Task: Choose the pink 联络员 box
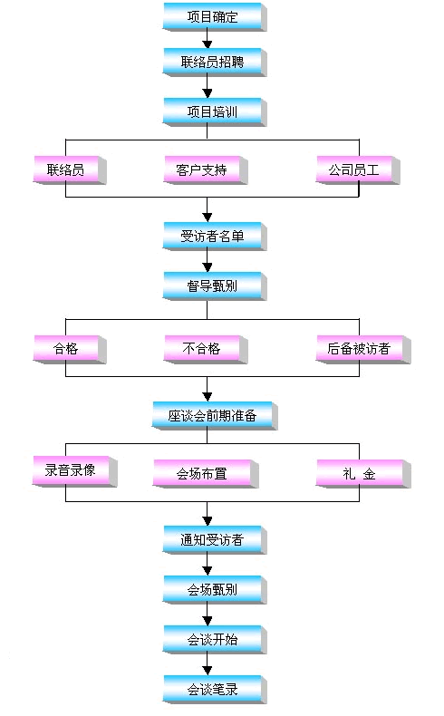(x=70, y=170)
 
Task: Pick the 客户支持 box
(x=206, y=170)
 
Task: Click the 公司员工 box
(x=358, y=170)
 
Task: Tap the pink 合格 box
(x=70, y=349)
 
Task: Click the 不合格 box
(x=206, y=349)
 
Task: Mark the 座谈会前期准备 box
(x=215, y=415)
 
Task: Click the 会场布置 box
(x=206, y=473)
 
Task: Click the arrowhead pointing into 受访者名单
(x=208, y=218)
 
